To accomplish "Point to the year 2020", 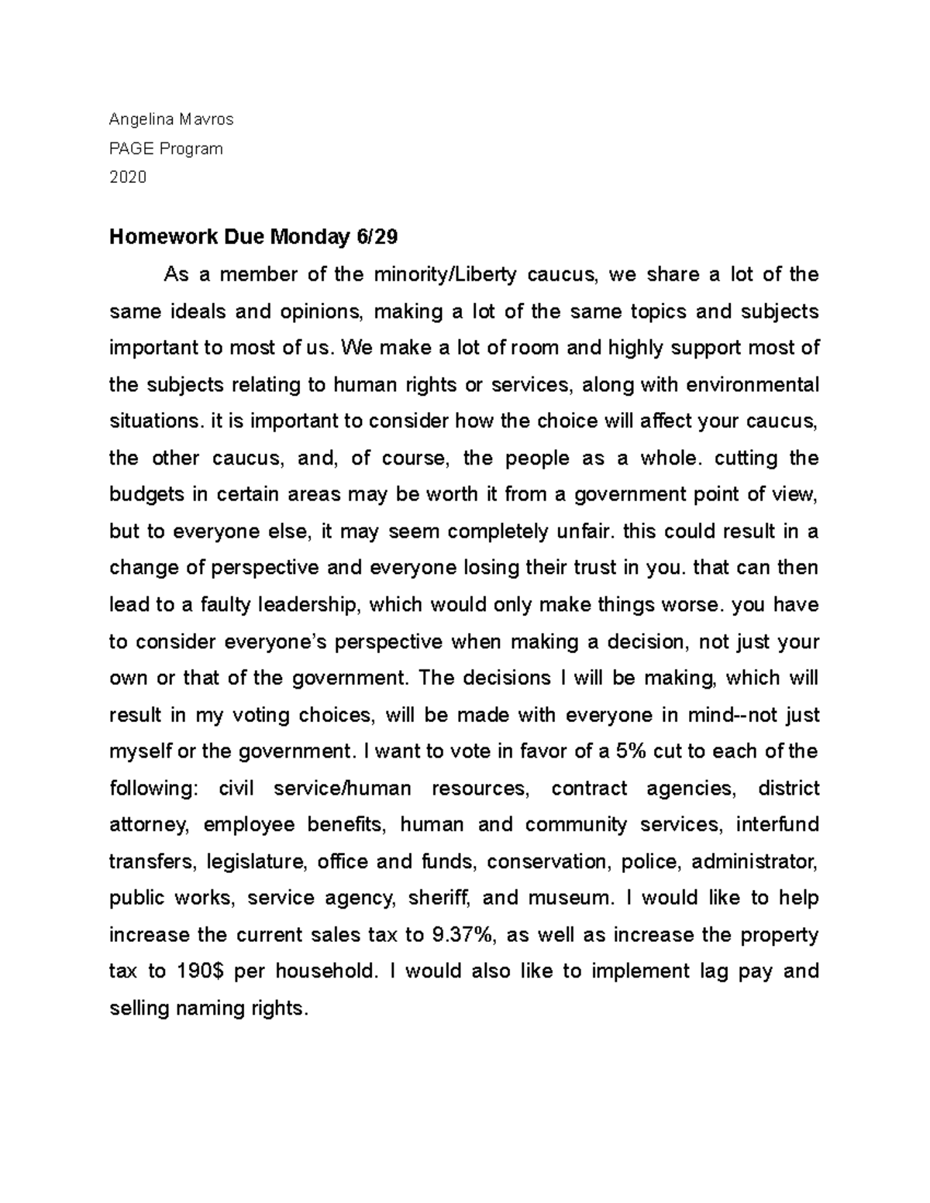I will click(x=127, y=177).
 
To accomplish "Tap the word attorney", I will click(x=149, y=825).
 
